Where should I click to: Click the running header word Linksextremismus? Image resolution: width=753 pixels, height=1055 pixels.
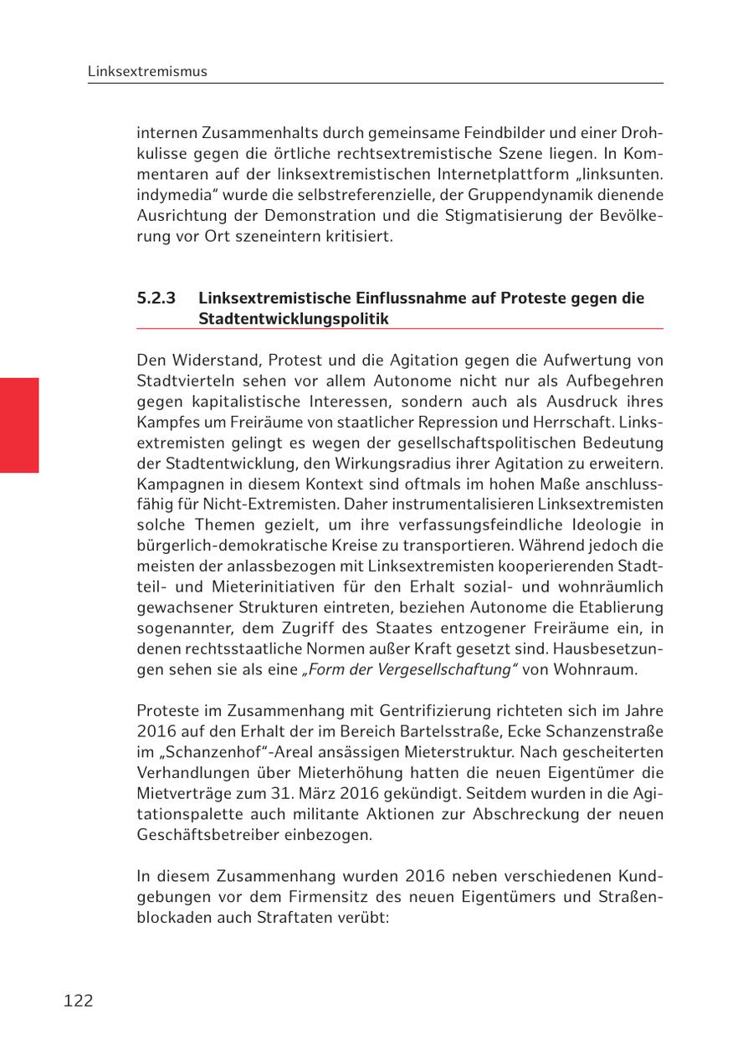pyautogui.click(x=147, y=72)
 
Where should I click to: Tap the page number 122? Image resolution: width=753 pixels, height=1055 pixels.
pyautogui.click(x=78, y=1001)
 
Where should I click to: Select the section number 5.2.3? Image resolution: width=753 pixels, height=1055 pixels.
pyautogui.click(x=156, y=299)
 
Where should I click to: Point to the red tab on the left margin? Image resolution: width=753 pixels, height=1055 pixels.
pyautogui.click(x=19, y=425)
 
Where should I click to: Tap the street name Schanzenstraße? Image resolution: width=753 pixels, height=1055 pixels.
pyautogui.click(x=599, y=731)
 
